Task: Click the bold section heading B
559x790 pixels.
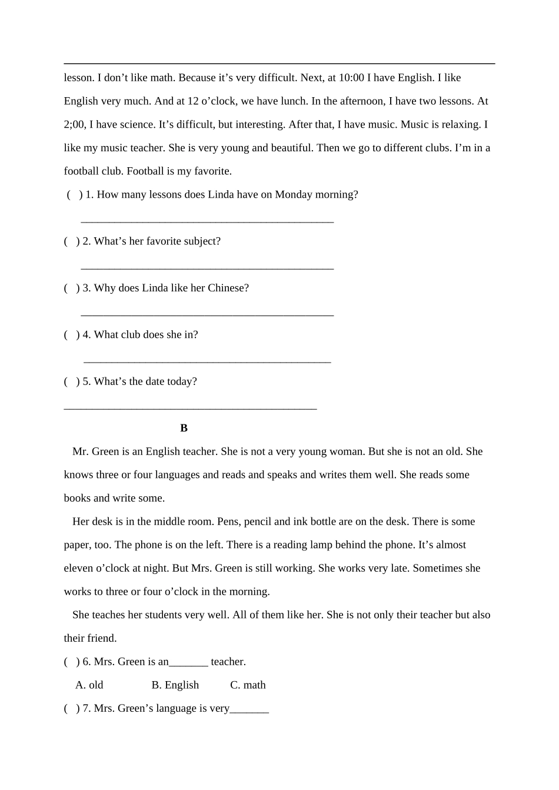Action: pos(184,428)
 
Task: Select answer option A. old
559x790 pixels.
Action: pos(89,685)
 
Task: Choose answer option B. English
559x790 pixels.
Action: pos(175,685)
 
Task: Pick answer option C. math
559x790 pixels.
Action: pos(248,685)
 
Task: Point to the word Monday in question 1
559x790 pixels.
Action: pos(295,195)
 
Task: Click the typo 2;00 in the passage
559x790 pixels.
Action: pos(75,125)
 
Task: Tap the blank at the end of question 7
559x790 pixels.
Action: pos(249,709)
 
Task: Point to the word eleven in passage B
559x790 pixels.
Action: pos(78,569)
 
